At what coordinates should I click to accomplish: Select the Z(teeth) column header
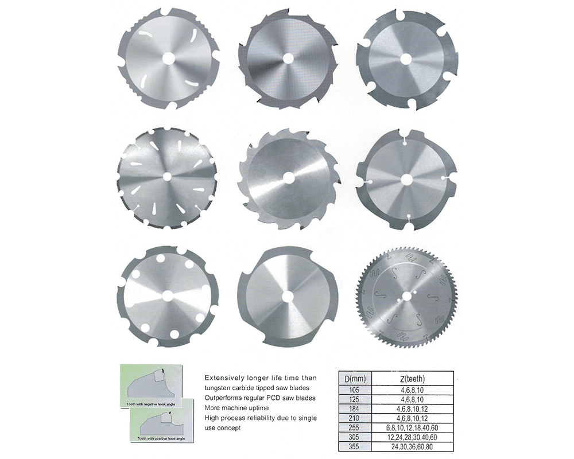[410, 378]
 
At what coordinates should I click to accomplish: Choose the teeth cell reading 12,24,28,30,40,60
[410, 436]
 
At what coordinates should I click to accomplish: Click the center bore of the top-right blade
[405, 58]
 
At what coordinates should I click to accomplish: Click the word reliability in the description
[267, 418]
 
